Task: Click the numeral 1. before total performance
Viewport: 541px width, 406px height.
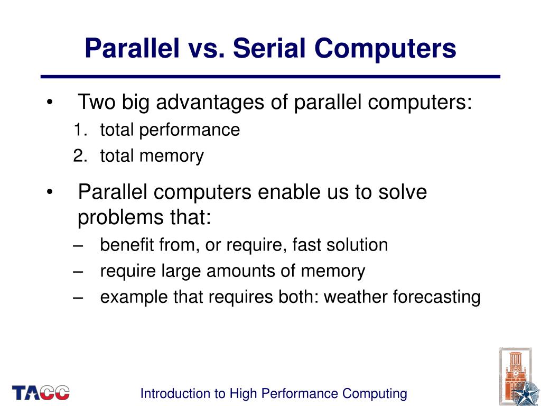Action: tap(80, 130)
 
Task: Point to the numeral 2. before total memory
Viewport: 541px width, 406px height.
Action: tap(80, 156)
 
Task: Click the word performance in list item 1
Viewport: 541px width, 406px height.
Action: tap(190, 130)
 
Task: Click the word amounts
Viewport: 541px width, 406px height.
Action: tap(246, 271)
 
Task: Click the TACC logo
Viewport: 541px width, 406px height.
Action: tap(41, 392)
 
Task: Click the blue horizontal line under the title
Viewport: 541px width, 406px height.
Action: tap(270, 77)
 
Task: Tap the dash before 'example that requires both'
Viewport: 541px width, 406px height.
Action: tap(79, 298)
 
